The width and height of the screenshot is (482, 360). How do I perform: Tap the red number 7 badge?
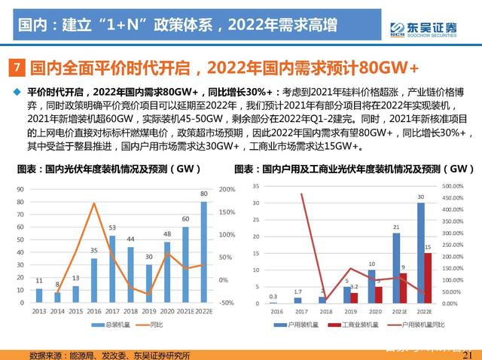click(20, 69)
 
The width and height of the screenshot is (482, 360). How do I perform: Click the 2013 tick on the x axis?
click(38, 310)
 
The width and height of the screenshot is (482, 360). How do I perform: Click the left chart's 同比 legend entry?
click(154, 325)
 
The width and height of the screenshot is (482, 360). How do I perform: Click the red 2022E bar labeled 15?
click(428, 277)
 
